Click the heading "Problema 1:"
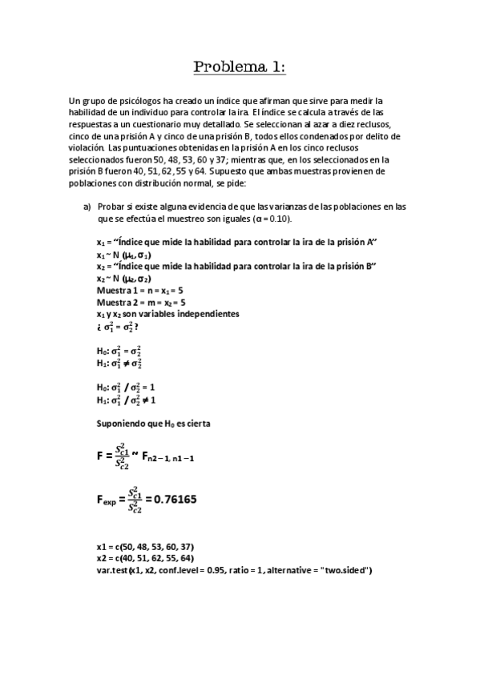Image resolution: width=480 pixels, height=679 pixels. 240,67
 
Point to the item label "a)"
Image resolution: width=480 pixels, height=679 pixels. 88,206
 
